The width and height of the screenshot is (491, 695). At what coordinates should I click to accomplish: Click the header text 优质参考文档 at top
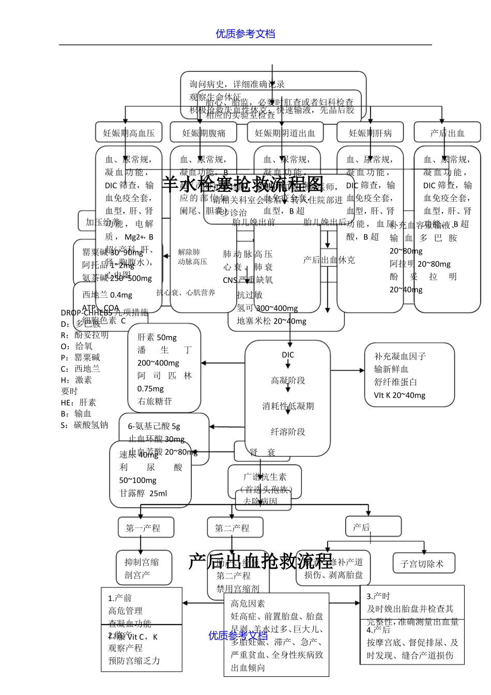245,34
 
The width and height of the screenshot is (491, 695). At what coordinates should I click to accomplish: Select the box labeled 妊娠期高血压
129,133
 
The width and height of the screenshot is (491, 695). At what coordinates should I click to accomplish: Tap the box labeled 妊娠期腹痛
204,133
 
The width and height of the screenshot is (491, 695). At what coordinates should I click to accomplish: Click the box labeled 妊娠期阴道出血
285,133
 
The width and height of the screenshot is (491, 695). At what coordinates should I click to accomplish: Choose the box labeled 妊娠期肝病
370,133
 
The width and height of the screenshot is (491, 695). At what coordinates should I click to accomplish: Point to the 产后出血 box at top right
447,133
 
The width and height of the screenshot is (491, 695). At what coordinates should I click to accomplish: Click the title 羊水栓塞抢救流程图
243,184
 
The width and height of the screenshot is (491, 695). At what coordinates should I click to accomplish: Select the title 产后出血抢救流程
260,561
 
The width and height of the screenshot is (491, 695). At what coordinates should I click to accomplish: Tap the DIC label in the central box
288,355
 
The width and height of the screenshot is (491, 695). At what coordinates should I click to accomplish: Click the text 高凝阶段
288,381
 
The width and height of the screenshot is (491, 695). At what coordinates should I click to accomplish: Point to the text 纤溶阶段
288,432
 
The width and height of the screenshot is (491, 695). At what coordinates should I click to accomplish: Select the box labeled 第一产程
143,528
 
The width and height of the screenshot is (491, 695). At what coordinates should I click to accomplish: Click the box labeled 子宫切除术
422,564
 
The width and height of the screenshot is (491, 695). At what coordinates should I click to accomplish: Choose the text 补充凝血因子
400,356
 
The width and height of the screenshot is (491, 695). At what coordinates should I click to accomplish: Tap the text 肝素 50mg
157,338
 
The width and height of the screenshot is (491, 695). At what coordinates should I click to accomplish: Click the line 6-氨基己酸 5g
154,426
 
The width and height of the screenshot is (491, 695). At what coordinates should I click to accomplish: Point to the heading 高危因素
248,603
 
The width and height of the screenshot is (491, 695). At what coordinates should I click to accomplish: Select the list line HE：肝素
79,402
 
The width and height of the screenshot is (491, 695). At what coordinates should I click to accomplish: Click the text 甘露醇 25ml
143,493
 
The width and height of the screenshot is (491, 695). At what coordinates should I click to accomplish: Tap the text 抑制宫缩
142,562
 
